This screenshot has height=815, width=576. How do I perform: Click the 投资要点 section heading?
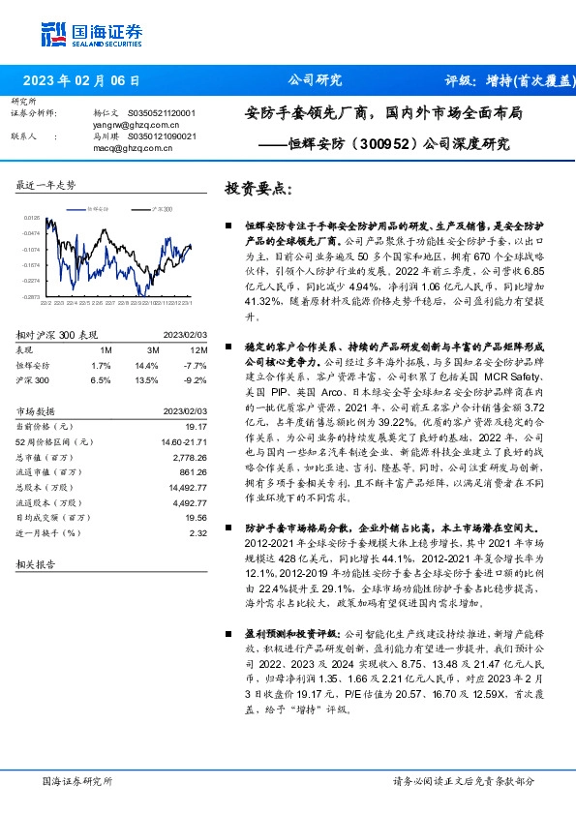(258, 188)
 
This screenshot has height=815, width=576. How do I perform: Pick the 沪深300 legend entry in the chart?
(159, 208)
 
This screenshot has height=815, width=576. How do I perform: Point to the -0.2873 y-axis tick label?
(32, 296)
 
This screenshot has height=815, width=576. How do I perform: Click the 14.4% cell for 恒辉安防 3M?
(146, 365)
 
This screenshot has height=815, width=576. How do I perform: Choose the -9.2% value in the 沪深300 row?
(197, 380)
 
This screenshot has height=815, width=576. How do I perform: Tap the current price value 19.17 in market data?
(197, 427)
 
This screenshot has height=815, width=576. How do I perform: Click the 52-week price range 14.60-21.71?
(183, 441)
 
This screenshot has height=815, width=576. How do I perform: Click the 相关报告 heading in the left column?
(36, 562)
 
